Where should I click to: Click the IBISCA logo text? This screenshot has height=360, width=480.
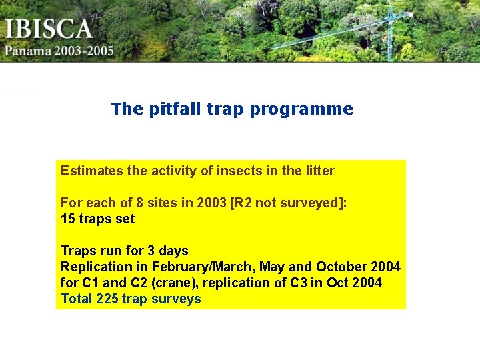point(49,29)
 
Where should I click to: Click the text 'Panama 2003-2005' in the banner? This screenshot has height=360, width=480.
point(60,51)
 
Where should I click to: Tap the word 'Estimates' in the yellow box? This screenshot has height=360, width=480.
point(92,171)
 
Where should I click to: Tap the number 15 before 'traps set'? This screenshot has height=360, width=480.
point(68,219)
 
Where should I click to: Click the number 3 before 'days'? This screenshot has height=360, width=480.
point(151,251)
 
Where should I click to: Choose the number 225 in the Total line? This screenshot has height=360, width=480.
point(107,299)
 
